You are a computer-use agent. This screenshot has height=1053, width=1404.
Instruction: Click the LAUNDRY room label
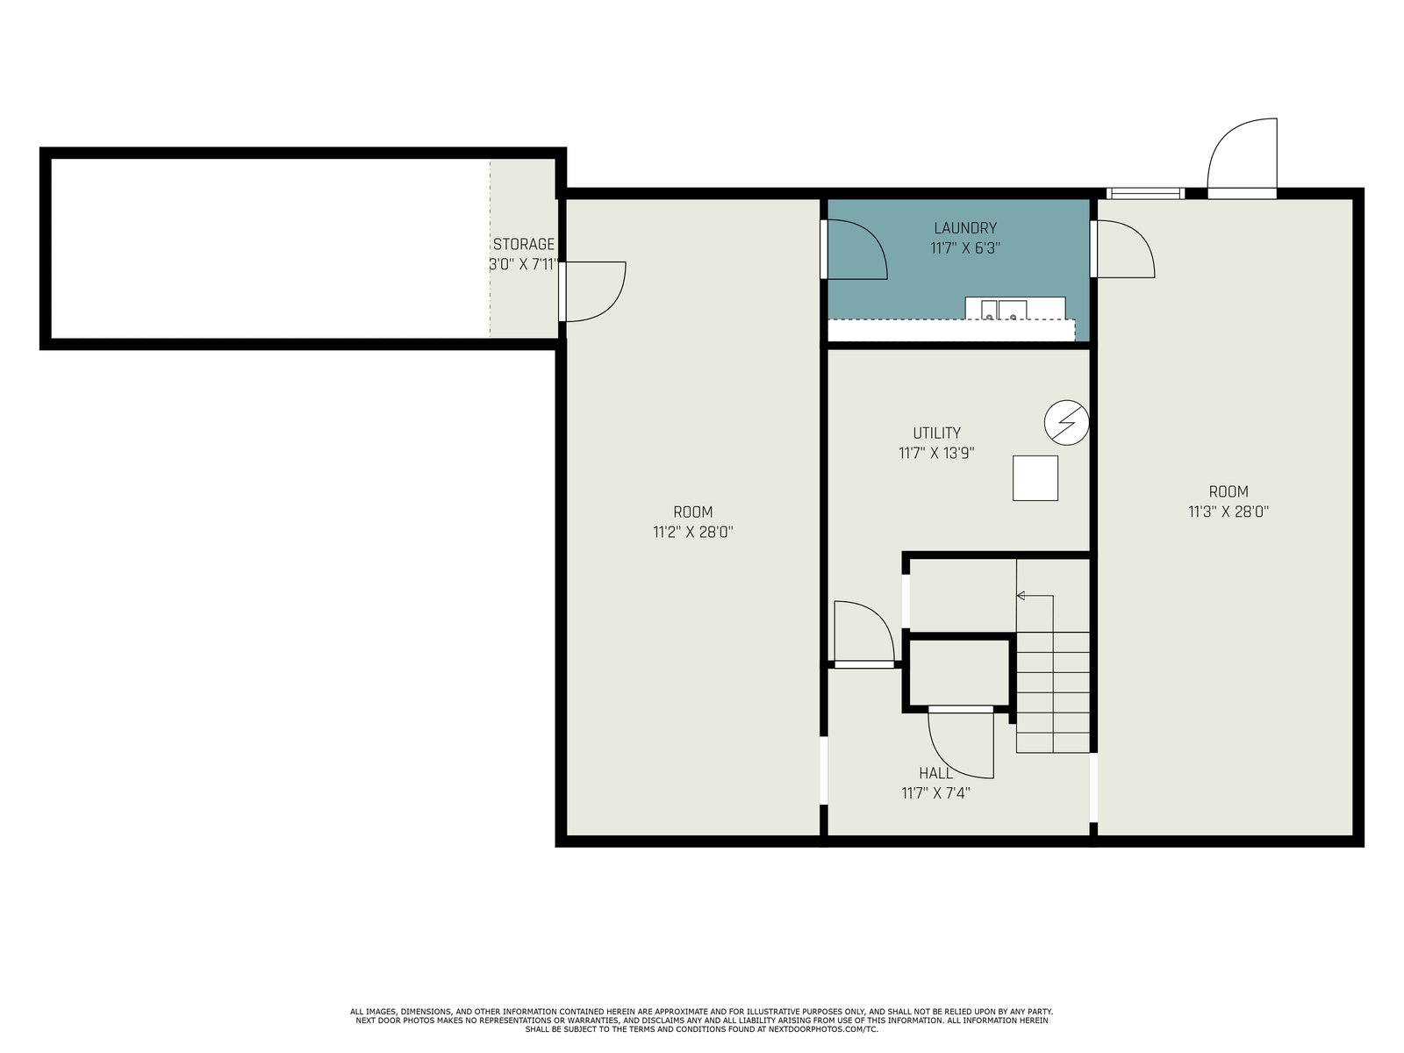964,227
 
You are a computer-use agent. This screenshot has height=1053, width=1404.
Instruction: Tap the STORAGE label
523,244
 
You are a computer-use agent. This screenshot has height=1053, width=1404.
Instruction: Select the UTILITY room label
936,433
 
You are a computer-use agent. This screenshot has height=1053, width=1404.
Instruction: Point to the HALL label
935,773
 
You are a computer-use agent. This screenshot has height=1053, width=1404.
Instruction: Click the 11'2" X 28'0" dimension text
692,533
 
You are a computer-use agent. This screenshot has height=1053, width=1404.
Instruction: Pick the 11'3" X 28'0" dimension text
1228,512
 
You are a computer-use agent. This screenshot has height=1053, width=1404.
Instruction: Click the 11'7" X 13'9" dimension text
936,454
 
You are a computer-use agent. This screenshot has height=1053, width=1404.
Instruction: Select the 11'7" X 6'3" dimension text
964,248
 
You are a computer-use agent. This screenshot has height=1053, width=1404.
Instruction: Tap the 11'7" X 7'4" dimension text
935,793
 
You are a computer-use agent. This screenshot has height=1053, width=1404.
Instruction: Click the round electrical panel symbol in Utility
1066,423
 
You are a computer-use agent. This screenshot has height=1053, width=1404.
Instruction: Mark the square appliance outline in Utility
1035,477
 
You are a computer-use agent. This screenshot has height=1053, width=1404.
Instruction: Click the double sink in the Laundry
1004,310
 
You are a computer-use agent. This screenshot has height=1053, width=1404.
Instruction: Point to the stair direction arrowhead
1021,596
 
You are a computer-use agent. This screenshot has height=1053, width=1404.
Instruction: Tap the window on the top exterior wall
1145,193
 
